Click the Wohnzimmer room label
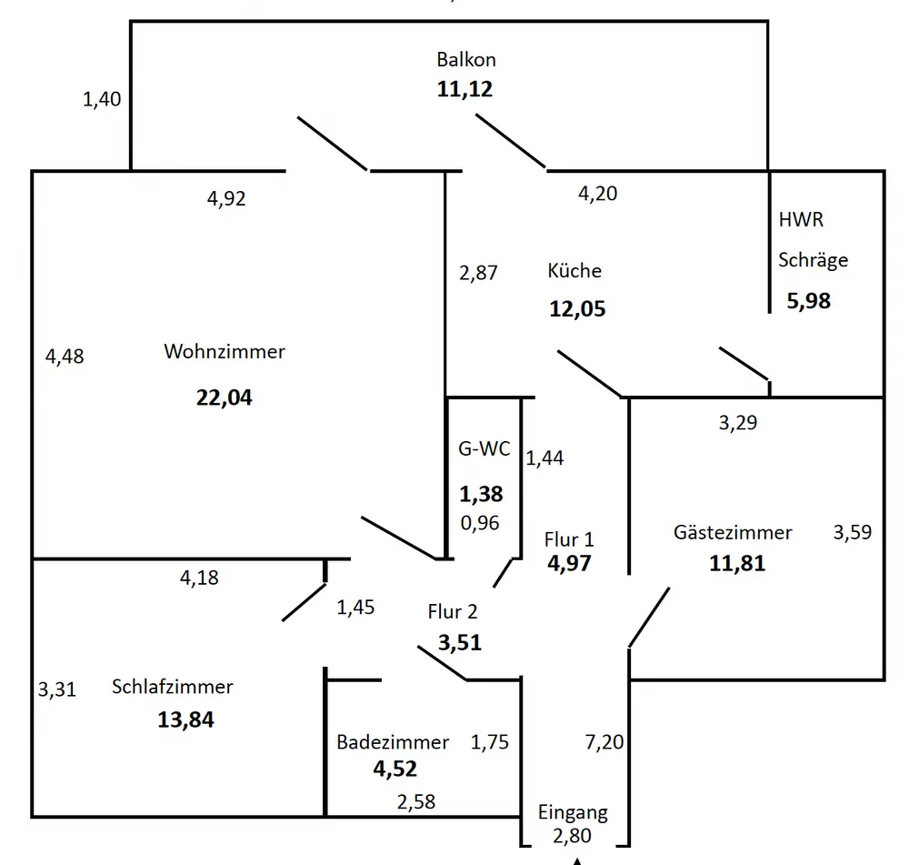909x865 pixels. (x=224, y=351)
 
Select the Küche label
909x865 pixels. (x=574, y=270)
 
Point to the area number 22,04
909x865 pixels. (x=224, y=397)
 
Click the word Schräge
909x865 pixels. (x=813, y=260)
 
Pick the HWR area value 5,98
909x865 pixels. (x=808, y=300)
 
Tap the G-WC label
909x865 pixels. (x=484, y=448)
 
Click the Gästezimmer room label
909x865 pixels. (x=733, y=532)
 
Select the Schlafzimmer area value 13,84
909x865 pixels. (x=185, y=720)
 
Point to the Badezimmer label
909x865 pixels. (x=393, y=742)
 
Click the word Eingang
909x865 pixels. (x=573, y=812)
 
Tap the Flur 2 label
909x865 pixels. (x=453, y=612)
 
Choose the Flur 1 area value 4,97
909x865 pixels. (x=569, y=563)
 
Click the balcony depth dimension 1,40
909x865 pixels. (x=102, y=100)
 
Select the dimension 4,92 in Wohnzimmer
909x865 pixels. (x=226, y=198)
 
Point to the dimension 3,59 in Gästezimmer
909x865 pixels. (x=852, y=532)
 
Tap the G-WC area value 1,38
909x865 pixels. (x=481, y=494)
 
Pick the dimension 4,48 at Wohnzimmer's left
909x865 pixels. (x=65, y=357)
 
